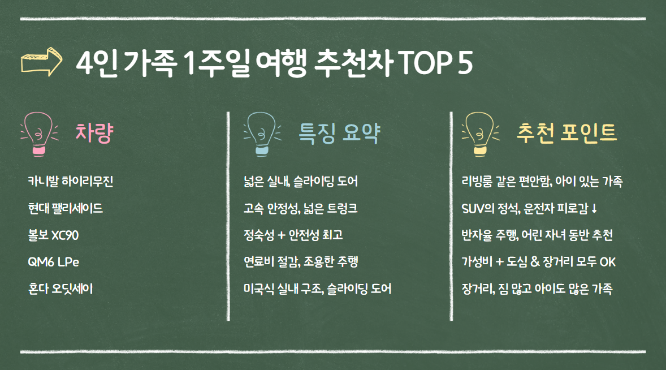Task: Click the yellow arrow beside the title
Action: click(40, 63)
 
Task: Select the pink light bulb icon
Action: click(39, 134)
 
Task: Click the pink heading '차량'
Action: click(95, 134)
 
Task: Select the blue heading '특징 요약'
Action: click(339, 134)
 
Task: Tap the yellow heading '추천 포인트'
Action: click(566, 134)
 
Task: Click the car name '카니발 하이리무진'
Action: click(71, 182)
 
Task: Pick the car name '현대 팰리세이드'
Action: click(65, 208)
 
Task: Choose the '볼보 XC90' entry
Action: click(53, 235)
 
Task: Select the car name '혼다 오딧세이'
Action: click(60, 289)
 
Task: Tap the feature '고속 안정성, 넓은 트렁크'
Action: click(300, 208)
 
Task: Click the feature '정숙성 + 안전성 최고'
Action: click(293, 235)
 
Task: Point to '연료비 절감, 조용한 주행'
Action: click(301, 262)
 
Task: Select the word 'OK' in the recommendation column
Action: click(607, 262)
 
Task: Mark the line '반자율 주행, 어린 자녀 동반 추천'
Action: click(537, 235)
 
